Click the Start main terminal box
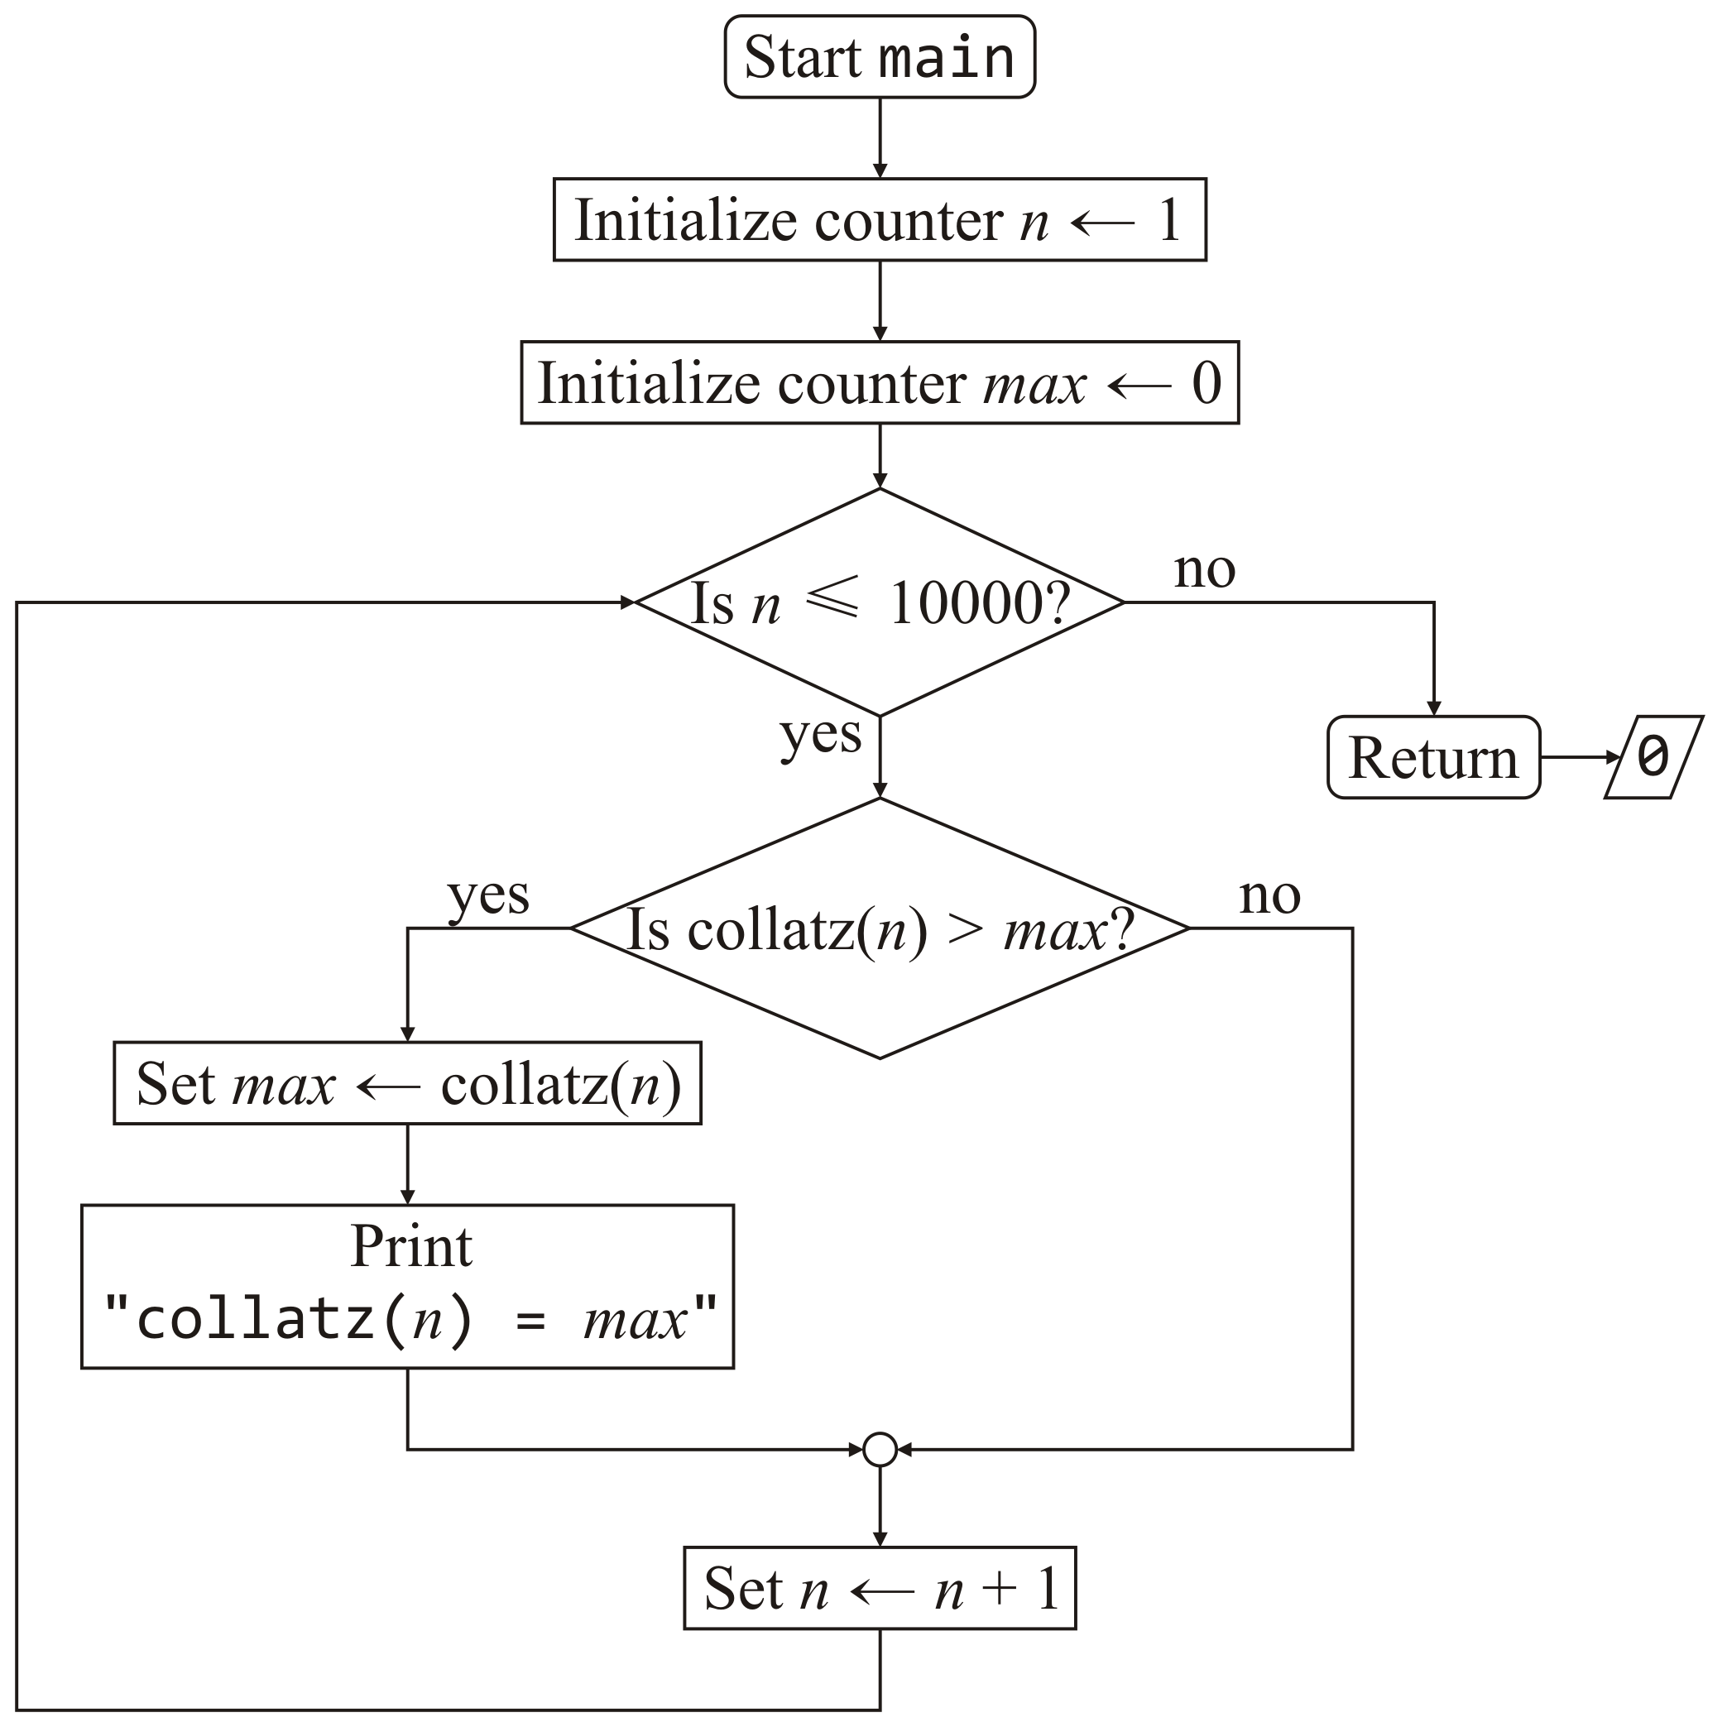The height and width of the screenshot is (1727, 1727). tap(880, 56)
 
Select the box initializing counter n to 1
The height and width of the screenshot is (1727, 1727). tap(880, 220)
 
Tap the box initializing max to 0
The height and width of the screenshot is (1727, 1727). tap(880, 382)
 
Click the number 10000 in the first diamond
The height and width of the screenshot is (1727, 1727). tap(966, 604)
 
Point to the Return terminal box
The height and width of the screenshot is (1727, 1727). tap(1434, 758)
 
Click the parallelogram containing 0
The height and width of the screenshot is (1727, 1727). tap(1653, 758)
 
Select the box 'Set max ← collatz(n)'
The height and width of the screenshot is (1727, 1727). tap(408, 1083)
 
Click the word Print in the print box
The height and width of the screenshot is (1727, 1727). tap(411, 1247)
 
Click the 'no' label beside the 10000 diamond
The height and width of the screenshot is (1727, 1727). tap(1204, 569)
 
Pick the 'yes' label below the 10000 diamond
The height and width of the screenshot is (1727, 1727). tap(821, 735)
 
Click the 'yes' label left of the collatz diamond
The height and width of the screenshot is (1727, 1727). tap(488, 895)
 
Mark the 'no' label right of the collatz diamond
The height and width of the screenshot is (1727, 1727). tap(1269, 895)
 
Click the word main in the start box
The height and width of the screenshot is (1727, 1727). tap(947, 58)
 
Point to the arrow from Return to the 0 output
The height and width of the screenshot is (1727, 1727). tap(1581, 758)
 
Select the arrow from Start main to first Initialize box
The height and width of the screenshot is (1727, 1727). tap(880, 137)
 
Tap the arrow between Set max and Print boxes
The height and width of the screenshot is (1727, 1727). tap(408, 1163)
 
